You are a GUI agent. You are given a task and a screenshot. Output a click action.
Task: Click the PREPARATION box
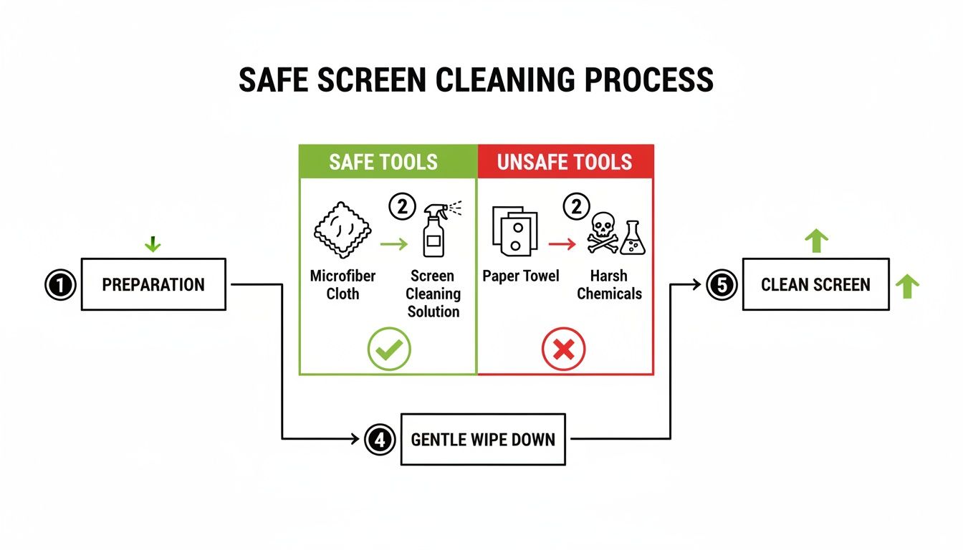point(153,284)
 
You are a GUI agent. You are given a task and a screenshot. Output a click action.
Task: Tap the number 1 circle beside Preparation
point(60,285)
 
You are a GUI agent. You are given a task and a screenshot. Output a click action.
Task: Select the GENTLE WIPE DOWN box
point(483,439)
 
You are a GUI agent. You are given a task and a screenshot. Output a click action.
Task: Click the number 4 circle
point(379,439)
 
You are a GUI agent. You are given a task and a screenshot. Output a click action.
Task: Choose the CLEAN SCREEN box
point(815,284)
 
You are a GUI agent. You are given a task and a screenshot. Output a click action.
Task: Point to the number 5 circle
point(721,285)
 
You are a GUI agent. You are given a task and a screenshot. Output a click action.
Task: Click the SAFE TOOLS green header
point(388,162)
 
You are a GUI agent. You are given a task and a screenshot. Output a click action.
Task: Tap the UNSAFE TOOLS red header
point(565,162)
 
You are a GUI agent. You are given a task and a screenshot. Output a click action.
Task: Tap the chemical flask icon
point(633,238)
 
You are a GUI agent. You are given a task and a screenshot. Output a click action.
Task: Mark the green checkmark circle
point(388,349)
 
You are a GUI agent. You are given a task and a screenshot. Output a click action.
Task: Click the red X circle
point(564,350)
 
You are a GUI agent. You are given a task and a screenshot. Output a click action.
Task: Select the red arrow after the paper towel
point(562,245)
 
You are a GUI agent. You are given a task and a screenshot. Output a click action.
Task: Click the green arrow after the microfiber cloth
point(393,245)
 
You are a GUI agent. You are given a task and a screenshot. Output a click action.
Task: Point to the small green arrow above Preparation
point(153,245)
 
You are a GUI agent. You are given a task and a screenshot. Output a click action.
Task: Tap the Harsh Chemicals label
point(610,284)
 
